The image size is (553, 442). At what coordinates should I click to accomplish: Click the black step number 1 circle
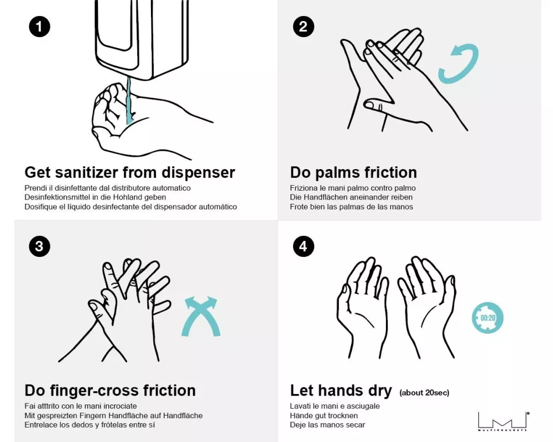pos(39,27)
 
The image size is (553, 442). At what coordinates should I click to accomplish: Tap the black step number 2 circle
pos(303,27)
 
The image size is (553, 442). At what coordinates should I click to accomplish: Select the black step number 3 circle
pos(39,246)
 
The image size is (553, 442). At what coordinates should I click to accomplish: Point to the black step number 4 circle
pos(303,246)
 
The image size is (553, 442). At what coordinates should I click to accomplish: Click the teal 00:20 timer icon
pos(488,318)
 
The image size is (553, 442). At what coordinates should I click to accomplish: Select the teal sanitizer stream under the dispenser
pos(129,101)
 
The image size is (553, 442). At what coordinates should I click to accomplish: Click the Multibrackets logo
pos(504,421)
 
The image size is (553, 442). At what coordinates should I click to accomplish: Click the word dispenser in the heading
pos(198,172)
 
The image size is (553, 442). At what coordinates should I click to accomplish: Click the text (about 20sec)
pos(424,393)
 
